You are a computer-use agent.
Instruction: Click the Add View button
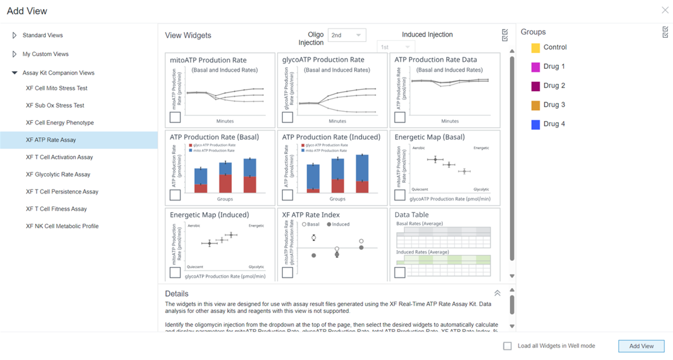pyautogui.click(x=641, y=346)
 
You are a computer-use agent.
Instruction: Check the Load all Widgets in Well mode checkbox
pyautogui.click(x=508, y=346)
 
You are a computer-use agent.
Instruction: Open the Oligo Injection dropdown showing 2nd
pyautogui.click(x=347, y=35)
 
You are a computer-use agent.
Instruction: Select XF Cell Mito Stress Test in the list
pyautogui.click(x=56, y=88)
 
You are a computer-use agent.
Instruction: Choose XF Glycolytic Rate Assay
pyautogui.click(x=58, y=174)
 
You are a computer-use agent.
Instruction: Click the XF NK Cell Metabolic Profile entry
pyautogui.click(x=62, y=226)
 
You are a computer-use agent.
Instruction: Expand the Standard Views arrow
pyautogui.click(x=14, y=35)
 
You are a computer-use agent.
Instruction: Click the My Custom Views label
pyautogui.click(x=45, y=54)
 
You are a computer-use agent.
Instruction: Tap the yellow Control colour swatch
pyautogui.click(x=536, y=48)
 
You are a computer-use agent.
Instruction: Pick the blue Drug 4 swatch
pyautogui.click(x=536, y=125)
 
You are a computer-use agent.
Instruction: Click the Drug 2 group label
pyautogui.click(x=554, y=86)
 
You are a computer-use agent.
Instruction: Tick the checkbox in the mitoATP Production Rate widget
pyautogui.click(x=175, y=117)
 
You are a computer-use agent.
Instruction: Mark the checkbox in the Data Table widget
pyautogui.click(x=400, y=272)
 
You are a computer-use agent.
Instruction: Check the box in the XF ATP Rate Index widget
pyautogui.click(x=288, y=272)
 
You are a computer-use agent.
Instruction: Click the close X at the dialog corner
pyautogui.click(x=665, y=11)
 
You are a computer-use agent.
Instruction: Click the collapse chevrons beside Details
pyautogui.click(x=497, y=293)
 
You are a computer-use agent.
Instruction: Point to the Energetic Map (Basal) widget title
pyautogui.click(x=430, y=137)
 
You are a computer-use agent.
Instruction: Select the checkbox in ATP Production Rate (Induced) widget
pyautogui.click(x=288, y=195)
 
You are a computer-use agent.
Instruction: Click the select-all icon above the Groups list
pyautogui.click(x=665, y=32)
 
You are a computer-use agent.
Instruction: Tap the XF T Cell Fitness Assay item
pyautogui.click(x=56, y=209)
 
